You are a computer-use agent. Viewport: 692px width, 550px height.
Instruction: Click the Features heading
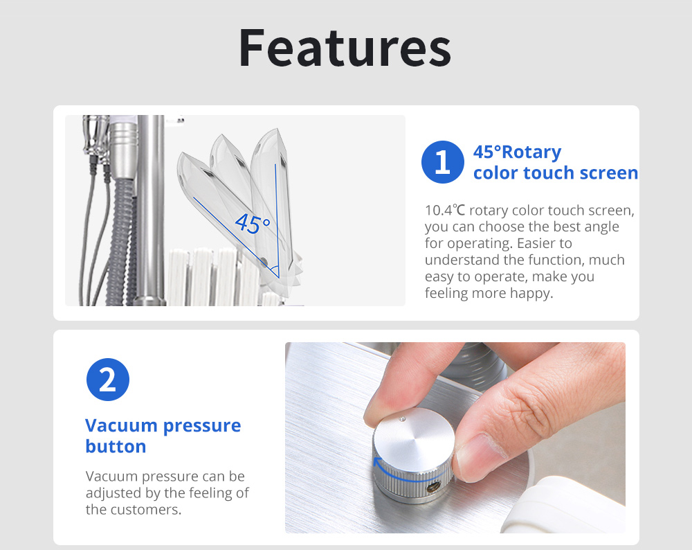[x=345, y=48]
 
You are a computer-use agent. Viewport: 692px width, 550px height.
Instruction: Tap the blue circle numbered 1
[x=443, y=161]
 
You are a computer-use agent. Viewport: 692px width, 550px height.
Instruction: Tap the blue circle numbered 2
[x=108, y=380]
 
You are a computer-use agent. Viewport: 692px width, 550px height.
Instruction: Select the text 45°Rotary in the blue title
[x=517, y=152]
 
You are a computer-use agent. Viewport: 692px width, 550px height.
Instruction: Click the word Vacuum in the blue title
[x=121, y=425]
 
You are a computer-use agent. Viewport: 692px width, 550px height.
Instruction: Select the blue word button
[x=116, y=446]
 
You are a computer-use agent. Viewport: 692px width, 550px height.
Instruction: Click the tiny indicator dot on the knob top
[x=401, y=418]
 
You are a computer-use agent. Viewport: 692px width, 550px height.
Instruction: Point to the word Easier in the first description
[x=545, y=243]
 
